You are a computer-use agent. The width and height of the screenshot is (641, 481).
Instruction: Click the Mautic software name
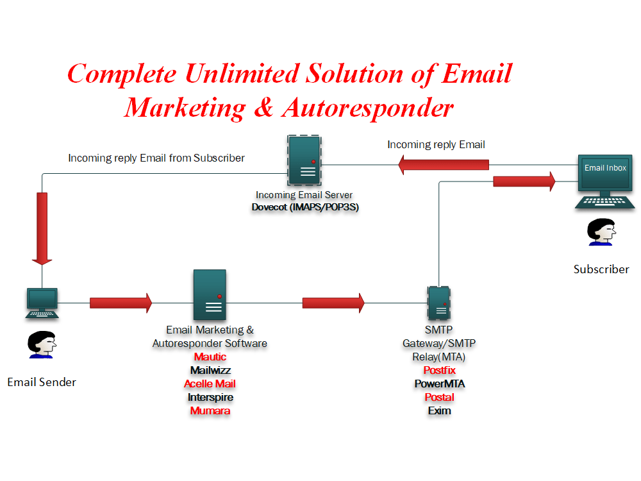(210, 357)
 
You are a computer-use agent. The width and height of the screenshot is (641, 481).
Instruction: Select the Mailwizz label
(210, 370)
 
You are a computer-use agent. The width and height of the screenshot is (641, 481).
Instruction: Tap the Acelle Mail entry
(210, 384)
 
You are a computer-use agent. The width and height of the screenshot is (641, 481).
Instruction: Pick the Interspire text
(210, 397)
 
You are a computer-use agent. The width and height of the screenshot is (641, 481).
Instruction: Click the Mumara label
(210, 410)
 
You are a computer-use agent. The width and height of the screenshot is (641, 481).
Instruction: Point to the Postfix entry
(440, 370)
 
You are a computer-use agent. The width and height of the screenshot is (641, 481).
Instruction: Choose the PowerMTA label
(440, 384)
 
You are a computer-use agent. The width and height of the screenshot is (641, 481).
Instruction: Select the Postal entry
(440, 397)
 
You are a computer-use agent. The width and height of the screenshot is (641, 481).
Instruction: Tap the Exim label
(440, 410)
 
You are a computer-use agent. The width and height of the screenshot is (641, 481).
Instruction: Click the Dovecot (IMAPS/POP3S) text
(305, 207)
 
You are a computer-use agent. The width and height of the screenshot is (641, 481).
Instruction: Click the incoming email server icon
(304, 160)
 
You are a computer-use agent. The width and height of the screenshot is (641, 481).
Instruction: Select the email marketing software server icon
(210, 294)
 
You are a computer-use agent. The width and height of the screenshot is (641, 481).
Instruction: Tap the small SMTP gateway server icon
(439, 303)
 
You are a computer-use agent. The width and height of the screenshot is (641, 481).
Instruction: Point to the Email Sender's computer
(42, 303)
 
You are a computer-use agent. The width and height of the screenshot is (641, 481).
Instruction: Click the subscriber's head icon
(601, 232)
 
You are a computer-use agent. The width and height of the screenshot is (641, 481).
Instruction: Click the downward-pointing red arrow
(42, 229)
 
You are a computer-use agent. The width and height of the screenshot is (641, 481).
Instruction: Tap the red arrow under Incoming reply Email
(444, 165)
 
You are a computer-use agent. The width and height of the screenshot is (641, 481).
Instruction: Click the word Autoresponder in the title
(367, 108)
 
